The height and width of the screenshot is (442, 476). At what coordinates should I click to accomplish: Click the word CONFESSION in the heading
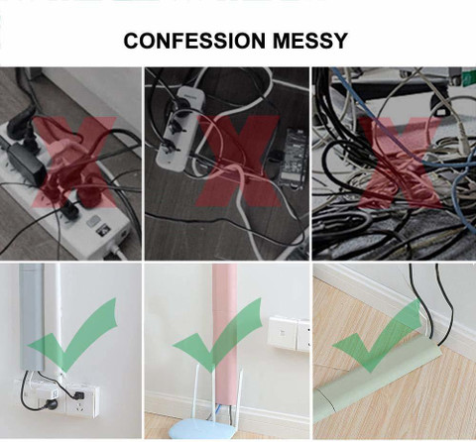point(194,41)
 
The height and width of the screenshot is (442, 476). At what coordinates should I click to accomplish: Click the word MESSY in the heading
point(310,41)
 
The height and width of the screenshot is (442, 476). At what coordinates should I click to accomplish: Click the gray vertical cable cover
point(32,316)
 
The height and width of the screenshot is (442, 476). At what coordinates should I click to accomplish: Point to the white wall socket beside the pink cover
point(289,334)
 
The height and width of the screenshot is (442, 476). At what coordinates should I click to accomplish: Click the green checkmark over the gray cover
point(73,334)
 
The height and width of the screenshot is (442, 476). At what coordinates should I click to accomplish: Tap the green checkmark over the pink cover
point(218,334)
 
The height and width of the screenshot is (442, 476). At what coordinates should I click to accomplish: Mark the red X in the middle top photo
point(239,162)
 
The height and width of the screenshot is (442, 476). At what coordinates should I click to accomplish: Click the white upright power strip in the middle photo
point(178,129)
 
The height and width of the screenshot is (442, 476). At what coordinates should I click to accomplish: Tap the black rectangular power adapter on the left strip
point(26,164)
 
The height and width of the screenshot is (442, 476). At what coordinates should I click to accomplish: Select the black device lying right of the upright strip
point(293,159)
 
